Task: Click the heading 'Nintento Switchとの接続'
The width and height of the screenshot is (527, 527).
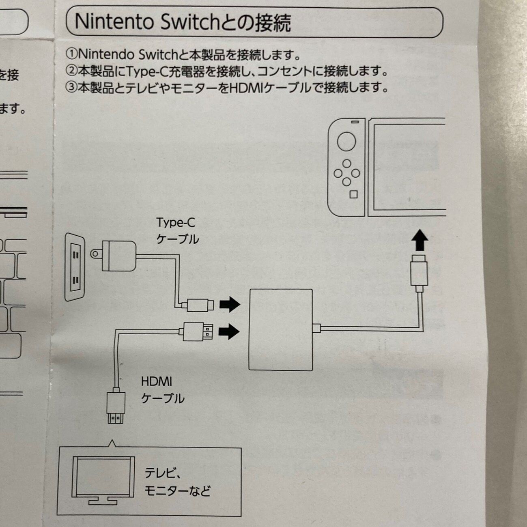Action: [x=183, y=22]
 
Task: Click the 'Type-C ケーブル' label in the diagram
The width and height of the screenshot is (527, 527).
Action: [x=177, y=231]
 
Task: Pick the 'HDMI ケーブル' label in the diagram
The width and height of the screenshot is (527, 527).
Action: [x=162, y=390]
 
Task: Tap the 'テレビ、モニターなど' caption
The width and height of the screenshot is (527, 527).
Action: [x=177, y=482]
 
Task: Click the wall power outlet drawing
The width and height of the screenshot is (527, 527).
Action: [x=75, y=266]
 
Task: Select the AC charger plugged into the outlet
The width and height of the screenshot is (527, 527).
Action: [x=118, y=256]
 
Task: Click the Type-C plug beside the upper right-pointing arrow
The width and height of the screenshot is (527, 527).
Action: [x=201, y=305]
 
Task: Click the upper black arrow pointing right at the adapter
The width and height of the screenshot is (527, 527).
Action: [x=230, y=304]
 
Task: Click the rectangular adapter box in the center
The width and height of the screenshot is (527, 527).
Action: [x=281, y=330]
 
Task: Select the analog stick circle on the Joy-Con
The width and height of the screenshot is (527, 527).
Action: [x=346, y=142]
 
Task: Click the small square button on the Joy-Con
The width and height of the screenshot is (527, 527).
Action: [x=353, y=194]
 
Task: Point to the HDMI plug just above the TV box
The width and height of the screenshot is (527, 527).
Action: [x=116, y=407]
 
